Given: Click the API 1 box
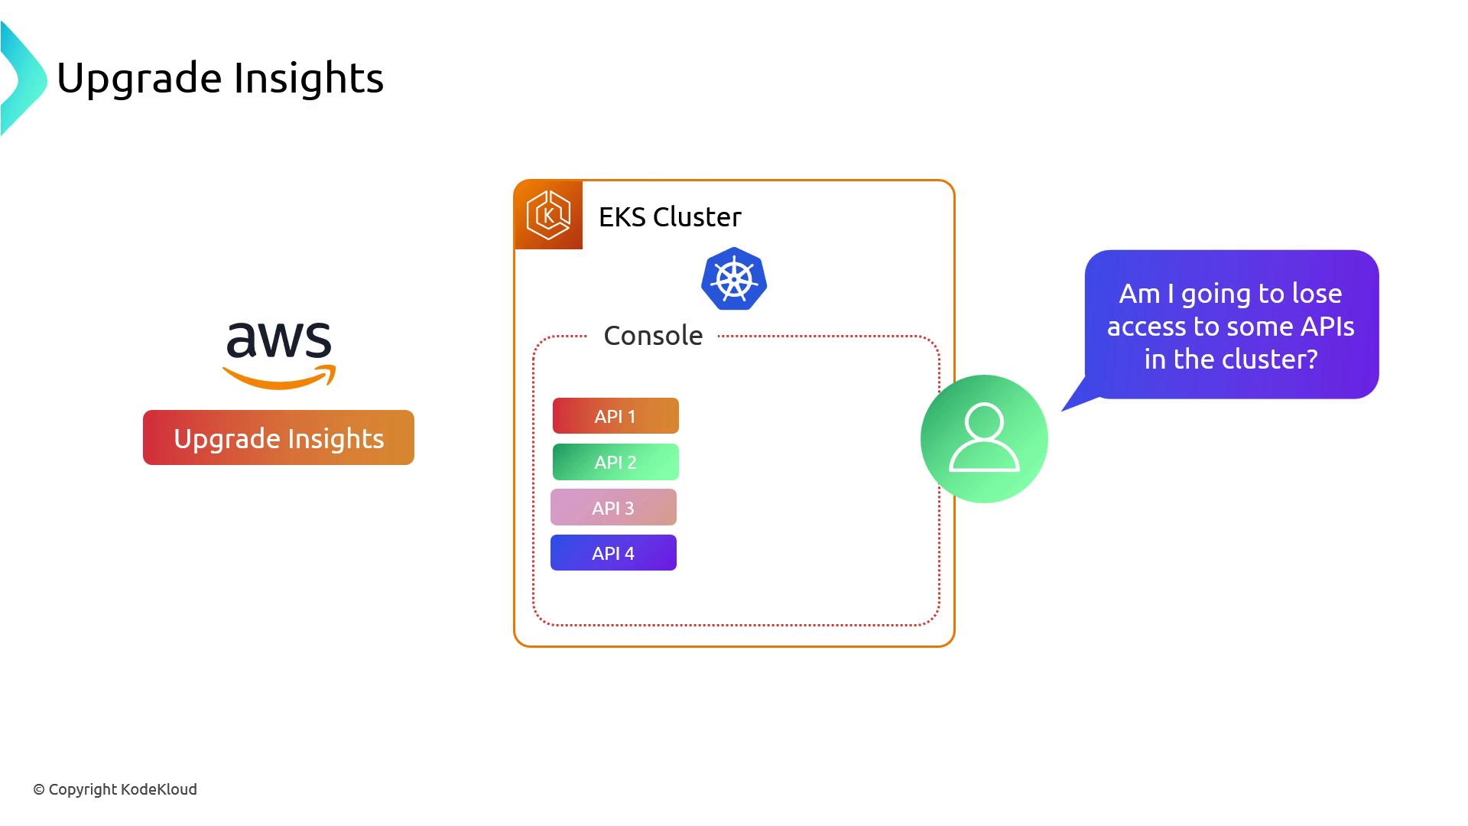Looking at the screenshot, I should click(615, 416).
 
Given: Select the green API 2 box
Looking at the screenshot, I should click(615, 462).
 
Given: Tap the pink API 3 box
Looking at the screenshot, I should click(613, 508).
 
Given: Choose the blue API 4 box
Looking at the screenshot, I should click(613, 553).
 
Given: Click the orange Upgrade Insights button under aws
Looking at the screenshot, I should click(278, 438).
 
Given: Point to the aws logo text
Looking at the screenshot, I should click(279, 340).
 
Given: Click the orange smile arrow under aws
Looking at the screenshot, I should click(280, 377).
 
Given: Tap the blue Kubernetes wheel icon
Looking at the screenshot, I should click(734, 279).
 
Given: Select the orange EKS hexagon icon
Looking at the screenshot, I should click(549, 216).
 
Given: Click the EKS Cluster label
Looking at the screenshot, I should click(670, 217).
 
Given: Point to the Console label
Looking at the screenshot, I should click(653, 336).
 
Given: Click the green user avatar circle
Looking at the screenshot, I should click(984, 439).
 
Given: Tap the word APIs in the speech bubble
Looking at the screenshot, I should click(1327, 327).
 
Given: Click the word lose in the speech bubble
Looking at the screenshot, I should click(1317, 294).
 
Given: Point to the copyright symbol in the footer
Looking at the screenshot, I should click(39, 790).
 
